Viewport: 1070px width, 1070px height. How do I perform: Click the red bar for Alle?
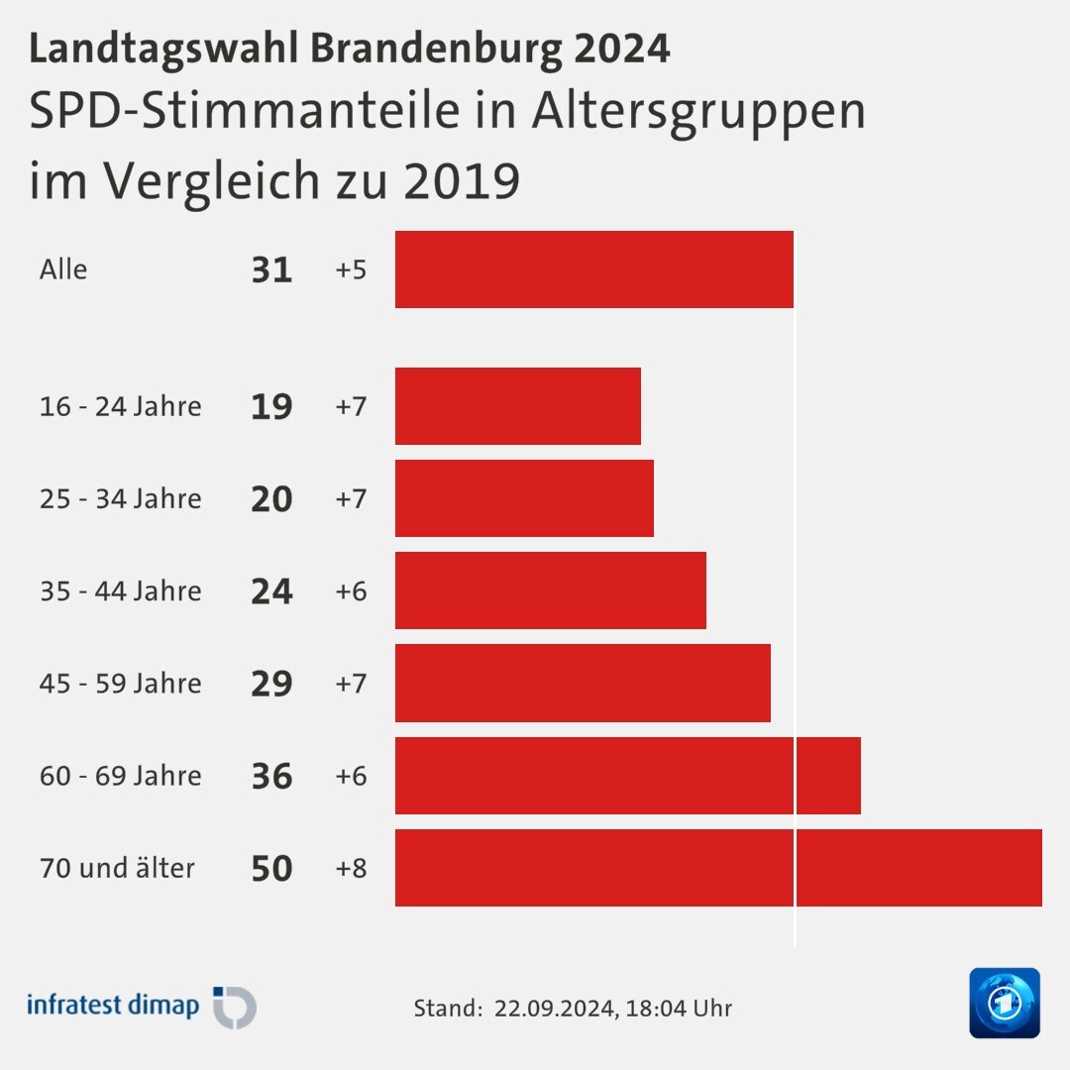coord(593,269)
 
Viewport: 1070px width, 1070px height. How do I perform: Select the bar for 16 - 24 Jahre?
coord(517,406)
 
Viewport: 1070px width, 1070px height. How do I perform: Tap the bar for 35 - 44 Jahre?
coord(550,590)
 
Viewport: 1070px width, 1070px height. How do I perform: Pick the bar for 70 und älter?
coord(718,868)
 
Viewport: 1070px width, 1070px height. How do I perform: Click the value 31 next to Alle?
coord(271,269)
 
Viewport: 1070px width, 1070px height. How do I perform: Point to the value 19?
coord(271,406)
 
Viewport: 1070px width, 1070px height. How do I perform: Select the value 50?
coord(271,868)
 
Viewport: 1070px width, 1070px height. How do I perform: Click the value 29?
coord(271,684)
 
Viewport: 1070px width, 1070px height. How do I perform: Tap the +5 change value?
coord(351,269)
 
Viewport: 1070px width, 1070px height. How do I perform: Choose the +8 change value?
coord(351,868)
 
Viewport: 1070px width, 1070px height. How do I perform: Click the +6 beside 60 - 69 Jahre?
coord(351,776)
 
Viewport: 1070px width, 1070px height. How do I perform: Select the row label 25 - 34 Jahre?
coord(120,498)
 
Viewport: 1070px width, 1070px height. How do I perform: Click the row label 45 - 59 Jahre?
coord(120,684)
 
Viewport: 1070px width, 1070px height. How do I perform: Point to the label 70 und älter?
coord(117,868)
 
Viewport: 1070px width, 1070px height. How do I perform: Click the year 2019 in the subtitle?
coord(461,180)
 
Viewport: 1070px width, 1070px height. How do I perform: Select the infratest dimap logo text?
coord(112,1005)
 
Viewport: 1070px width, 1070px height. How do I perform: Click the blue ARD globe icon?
coord(1004,1003)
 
